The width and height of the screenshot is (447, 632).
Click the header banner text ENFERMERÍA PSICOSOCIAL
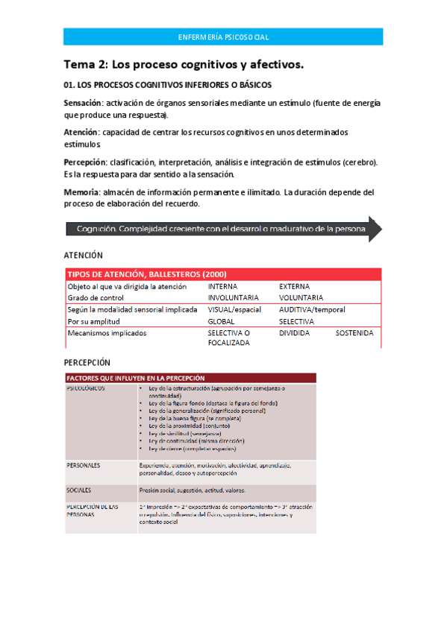(224, 37)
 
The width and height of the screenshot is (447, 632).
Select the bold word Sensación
(84, 102)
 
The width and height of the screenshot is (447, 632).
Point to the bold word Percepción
(85, 162)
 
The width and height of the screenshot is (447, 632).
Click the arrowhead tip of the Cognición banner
(381, 229)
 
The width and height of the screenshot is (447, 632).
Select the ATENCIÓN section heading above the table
(84, 255)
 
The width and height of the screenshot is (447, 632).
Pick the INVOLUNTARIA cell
(233, 297)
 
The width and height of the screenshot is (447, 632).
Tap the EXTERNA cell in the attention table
(295, 286)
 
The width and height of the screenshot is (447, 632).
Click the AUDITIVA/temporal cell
(312, 309)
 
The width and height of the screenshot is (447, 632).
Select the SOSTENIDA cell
(354, 333)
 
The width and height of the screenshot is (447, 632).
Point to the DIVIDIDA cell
(294, 333)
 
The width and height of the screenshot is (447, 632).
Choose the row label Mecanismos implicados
(107, 333)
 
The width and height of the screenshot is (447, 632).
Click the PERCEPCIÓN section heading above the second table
(88, 362)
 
